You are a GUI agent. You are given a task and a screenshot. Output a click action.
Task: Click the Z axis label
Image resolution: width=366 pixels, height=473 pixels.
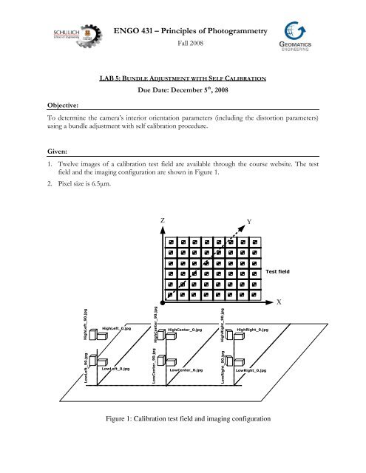pyautogui.click(x=162, y=221)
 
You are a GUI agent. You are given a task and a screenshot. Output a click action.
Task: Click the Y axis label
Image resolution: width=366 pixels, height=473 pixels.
pyautogui.click(x=271, y=222)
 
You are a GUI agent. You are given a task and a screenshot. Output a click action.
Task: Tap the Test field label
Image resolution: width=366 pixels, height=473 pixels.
pyautogui.click(x=278, y=273)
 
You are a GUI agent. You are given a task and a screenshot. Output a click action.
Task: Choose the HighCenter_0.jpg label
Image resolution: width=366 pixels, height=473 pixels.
pyautogui.click(x=190, y=330)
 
